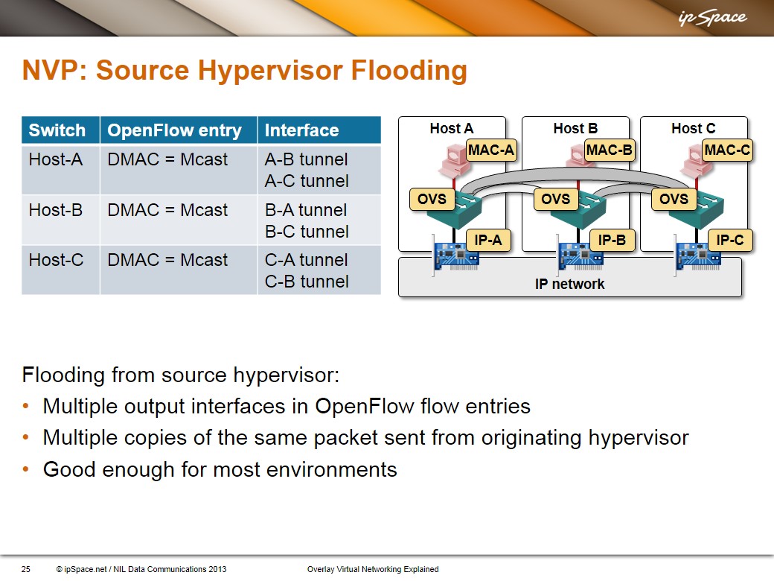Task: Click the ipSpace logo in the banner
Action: (x=712, y=18)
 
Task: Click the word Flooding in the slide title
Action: (x=409, y=70)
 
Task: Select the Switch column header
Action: (x=57, y=130)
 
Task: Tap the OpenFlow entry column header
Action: (x=175, y=130)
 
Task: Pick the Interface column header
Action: (x=301, y=130)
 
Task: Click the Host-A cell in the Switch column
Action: (x=56, y=159)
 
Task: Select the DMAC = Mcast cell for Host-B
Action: (x=167, y=210)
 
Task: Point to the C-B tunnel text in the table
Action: (x=307, y=281)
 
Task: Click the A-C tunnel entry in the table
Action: (x=307, y=181)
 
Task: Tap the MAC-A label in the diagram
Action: (x=491, y=150)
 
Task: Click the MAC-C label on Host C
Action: (x=727, y=150)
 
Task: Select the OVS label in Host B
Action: (x=555, y=199)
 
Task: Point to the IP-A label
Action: (x=487, y=240)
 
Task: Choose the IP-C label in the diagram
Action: (x=729, y=240)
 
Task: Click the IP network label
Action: (x=569, y=284)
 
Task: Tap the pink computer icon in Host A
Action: (x=454, y=161)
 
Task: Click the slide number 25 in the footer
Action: (x=25, y=569)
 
